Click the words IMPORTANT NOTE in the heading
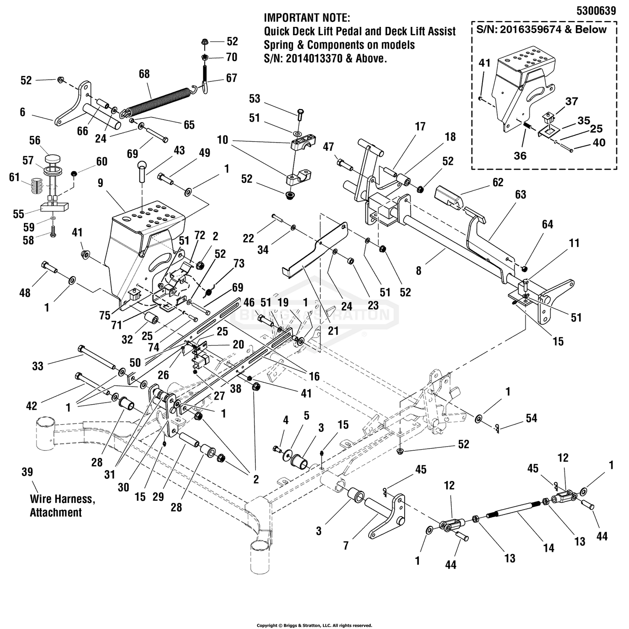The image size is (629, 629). (307, 18)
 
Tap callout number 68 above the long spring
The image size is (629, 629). (144, 74)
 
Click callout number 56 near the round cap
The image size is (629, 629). (35, 140)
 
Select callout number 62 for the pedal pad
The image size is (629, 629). (497, 182)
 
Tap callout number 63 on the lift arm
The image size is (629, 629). (520, 195)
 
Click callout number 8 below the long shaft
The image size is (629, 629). (418, 271)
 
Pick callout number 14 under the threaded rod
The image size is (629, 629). (548, 548)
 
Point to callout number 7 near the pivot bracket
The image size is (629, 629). (346, 546)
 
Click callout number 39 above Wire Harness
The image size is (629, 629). (27, 472)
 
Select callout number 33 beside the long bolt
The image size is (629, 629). (38, 366)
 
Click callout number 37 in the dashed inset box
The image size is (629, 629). (571, 101)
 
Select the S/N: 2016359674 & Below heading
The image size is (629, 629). (541, 29)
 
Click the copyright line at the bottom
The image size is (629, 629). (314, 625)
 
